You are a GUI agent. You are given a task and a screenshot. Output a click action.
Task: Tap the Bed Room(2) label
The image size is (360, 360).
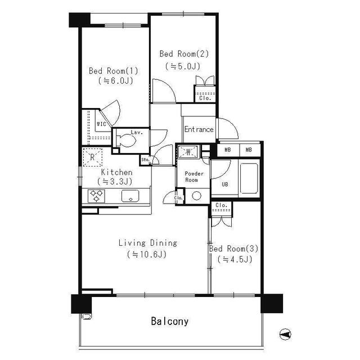coord(184,54)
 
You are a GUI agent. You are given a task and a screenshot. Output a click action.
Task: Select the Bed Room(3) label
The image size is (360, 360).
coord(233,248)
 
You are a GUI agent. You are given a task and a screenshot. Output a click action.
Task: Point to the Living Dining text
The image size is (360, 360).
coord(147,243)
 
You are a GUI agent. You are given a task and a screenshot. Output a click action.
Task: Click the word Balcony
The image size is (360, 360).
coord(169,322)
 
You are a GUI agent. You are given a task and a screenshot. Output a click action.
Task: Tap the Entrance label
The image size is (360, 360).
coord(199,129)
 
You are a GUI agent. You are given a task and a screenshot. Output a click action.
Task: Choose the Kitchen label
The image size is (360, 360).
coord(116,172)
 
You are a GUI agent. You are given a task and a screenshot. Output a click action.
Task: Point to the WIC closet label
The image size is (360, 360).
coord(102,124)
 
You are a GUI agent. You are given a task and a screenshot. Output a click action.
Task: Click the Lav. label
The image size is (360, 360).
coord(136,133)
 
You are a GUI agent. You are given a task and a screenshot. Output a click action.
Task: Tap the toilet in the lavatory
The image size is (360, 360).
coord(125,142)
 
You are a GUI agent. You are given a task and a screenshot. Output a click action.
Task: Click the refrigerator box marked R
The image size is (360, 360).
coord(92,157)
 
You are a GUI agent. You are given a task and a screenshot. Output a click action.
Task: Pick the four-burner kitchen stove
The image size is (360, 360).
coord(97,196)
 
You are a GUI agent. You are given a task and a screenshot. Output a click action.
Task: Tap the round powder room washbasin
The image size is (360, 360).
coord(196,196)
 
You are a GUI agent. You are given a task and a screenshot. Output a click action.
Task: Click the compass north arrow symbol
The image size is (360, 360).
coord(286,334)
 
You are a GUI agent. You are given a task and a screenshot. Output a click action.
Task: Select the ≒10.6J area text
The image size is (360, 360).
coord(147,254)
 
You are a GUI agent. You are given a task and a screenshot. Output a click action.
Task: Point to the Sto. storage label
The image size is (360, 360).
coord(145,160)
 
